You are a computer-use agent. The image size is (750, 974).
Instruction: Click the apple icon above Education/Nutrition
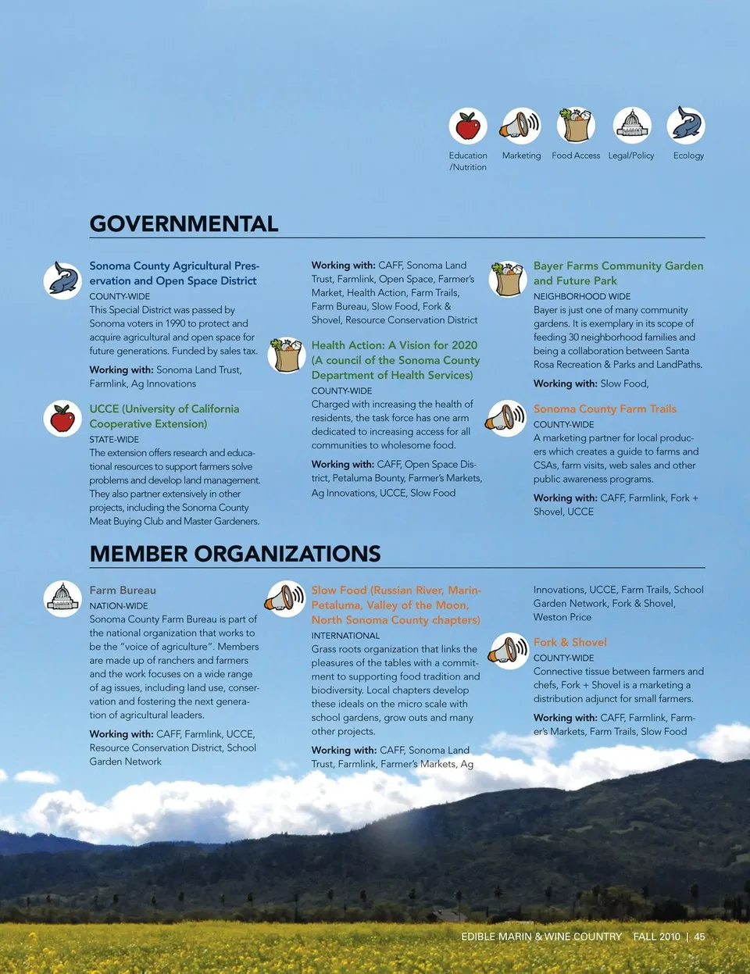tap(468, 126)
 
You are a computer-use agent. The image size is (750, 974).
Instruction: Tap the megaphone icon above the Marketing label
tap(521, 126)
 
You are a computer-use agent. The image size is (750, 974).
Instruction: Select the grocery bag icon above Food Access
tap(577, 126)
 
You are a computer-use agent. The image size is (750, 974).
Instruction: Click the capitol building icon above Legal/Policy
tap(632, 126)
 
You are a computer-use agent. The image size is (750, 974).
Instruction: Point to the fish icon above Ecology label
tap(687, 126)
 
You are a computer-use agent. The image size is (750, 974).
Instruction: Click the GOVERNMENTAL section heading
tap(184, 224)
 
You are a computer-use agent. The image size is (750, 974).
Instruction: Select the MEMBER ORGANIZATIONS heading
tap(235, 555)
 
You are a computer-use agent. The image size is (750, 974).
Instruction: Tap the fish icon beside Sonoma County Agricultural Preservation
tap(62, 280)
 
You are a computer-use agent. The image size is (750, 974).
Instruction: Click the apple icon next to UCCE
tap(62, 419)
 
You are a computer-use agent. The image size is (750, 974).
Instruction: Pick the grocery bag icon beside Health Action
tap(287, 355)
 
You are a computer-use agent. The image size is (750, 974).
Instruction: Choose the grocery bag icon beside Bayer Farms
tap(508, 279)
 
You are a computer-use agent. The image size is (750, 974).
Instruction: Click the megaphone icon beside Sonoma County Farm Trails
tap(507, 419)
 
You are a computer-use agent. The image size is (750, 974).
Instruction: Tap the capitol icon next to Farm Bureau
tap(62, 599)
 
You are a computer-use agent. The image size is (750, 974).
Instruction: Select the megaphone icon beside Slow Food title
tap(286, 599)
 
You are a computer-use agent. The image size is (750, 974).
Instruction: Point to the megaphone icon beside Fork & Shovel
tap(508, 651)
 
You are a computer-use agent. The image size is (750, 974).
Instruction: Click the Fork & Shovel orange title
tap(570, 642)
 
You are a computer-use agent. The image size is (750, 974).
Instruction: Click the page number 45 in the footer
tap(699, 937)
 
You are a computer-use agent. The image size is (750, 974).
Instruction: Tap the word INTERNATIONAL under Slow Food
tap(345, 636)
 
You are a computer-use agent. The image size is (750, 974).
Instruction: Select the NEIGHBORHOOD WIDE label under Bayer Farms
tap(582, 297)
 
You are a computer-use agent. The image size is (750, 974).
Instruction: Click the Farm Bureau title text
tap(123, 590)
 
